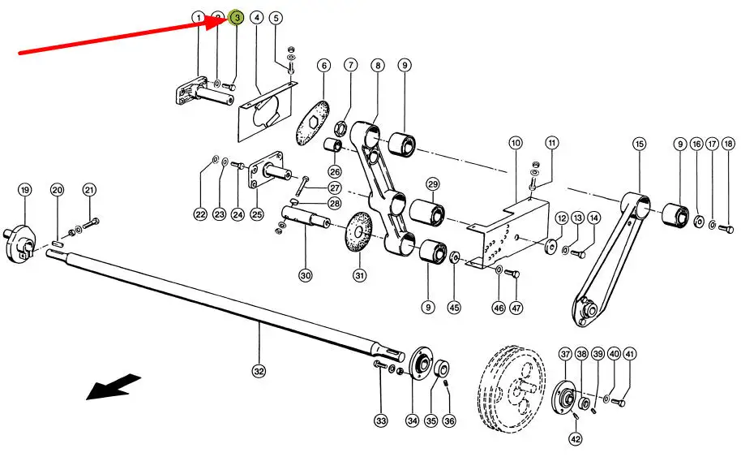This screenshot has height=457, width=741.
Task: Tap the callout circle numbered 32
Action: click(259, 371)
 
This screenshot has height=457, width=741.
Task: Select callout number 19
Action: click(24, 190)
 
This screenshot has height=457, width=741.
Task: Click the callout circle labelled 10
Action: click(516, 144)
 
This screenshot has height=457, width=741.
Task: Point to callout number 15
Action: click(640, 144)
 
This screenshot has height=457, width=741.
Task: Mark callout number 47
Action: click(516, 308)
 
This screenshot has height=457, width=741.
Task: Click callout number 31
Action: click(359, 275)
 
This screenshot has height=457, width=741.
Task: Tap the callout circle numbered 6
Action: click(323, 65)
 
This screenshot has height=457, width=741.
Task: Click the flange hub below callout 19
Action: click(21, 241)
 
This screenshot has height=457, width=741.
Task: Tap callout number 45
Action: click(454, 308)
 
